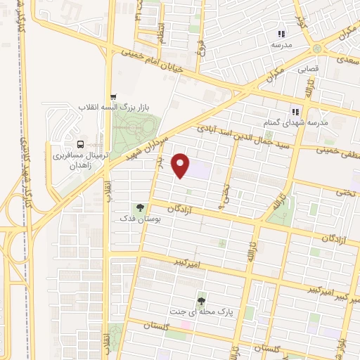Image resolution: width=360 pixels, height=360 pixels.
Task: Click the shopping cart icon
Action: point(112,96)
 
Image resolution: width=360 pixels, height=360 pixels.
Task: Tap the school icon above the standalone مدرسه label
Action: point(281,34)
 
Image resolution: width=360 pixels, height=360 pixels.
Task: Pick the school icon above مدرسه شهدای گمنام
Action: point(295,111)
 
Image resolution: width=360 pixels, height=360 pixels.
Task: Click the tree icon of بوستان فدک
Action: point(140,208)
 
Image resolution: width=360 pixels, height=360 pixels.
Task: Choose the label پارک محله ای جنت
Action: point(200,310)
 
